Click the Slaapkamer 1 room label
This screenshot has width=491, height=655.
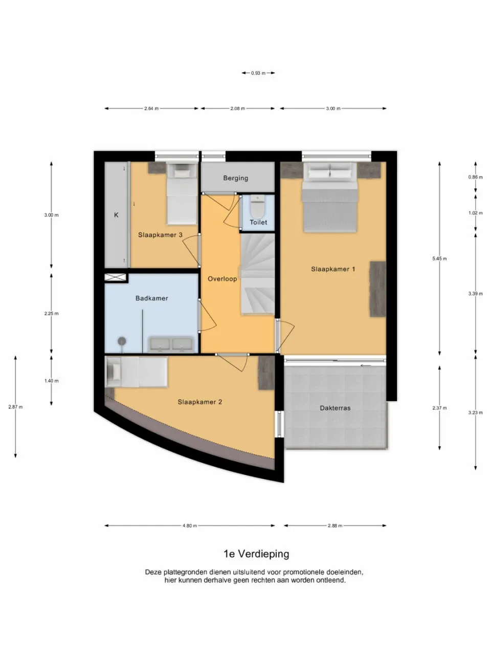(333, 269)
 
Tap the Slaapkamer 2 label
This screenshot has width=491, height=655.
(199, 402)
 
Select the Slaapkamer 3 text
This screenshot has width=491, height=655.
(160, 235)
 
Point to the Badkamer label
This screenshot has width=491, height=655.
(151, 298)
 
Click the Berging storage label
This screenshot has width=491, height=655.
(235, 179)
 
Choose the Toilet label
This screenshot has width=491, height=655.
(258, 223)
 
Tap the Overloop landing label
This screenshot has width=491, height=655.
(222, 279)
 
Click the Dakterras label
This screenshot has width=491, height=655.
(335, 408)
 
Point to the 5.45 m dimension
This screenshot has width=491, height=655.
(439, 259)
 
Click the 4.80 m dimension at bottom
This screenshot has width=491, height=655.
(189, 526)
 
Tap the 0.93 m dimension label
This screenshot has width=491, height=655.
(258, 73)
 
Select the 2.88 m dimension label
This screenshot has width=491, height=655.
(335, 526)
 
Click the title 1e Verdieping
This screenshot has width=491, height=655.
(256, 554)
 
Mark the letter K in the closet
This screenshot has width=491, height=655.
(116, 215)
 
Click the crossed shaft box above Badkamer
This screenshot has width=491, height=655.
(115, 277)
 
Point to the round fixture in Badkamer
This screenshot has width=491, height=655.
(122, 341)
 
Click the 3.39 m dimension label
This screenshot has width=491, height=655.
(475, 294)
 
